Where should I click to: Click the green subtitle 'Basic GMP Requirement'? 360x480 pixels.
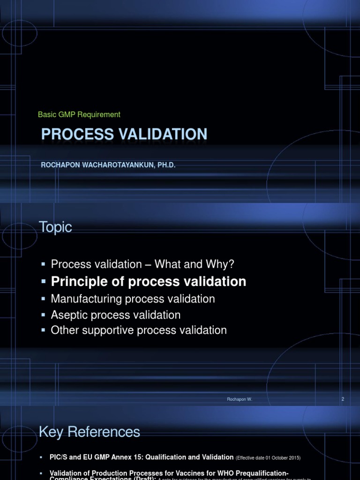(x=79, y=114)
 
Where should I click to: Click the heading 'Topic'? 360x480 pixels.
(x=55, y=227)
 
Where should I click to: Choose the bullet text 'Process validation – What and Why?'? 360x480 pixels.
(x=142, y=264)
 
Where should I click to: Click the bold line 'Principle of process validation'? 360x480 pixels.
(x=148, y=281)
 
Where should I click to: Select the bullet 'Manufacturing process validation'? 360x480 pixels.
(x=133, y=299)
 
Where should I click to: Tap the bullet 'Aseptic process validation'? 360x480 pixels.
(x=115, y=315)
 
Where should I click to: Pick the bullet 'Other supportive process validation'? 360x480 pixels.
(x=138, y=330)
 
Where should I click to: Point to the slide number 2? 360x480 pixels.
(x=343, y=399)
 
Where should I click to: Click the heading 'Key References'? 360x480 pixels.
(x=89, y=432)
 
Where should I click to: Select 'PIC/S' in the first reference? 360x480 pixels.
(x=59, y=457)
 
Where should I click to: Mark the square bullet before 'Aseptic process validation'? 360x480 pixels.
(x=43, y=315)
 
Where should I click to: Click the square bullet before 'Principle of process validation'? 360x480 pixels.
(x=43, y=282)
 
